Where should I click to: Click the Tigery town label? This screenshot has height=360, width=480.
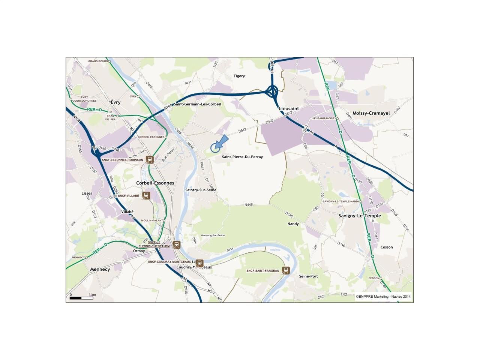239,76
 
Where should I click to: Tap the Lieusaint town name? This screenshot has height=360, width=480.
289,108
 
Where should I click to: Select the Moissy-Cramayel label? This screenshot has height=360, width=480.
371,113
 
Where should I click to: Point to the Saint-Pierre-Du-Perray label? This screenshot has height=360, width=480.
242,157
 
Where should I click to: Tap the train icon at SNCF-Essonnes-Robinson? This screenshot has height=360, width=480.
150,159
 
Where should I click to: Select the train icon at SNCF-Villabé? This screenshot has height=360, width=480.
146,195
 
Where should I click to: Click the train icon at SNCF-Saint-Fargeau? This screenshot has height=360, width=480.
286,270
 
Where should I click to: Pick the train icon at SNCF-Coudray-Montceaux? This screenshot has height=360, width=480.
199,263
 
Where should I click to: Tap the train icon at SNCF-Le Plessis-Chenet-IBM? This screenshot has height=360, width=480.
177,245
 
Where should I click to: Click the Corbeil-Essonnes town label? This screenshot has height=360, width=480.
155,183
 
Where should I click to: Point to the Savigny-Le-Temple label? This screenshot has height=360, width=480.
360,216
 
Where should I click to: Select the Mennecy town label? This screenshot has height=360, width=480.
100,269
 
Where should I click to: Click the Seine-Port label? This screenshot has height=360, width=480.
308,276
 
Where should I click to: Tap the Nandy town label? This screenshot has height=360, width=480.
293,224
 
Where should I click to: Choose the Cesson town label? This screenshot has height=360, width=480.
387,247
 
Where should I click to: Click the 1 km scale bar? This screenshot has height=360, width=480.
81,298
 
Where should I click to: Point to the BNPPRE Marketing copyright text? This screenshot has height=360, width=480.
383,297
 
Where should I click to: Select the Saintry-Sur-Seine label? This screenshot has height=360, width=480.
201,190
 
